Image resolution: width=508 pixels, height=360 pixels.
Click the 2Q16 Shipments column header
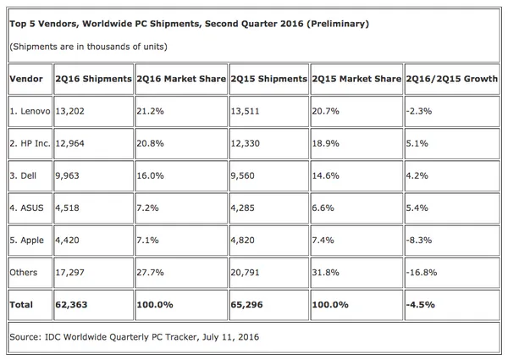(93, 79)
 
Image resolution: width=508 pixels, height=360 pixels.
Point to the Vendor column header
(28, 79)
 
